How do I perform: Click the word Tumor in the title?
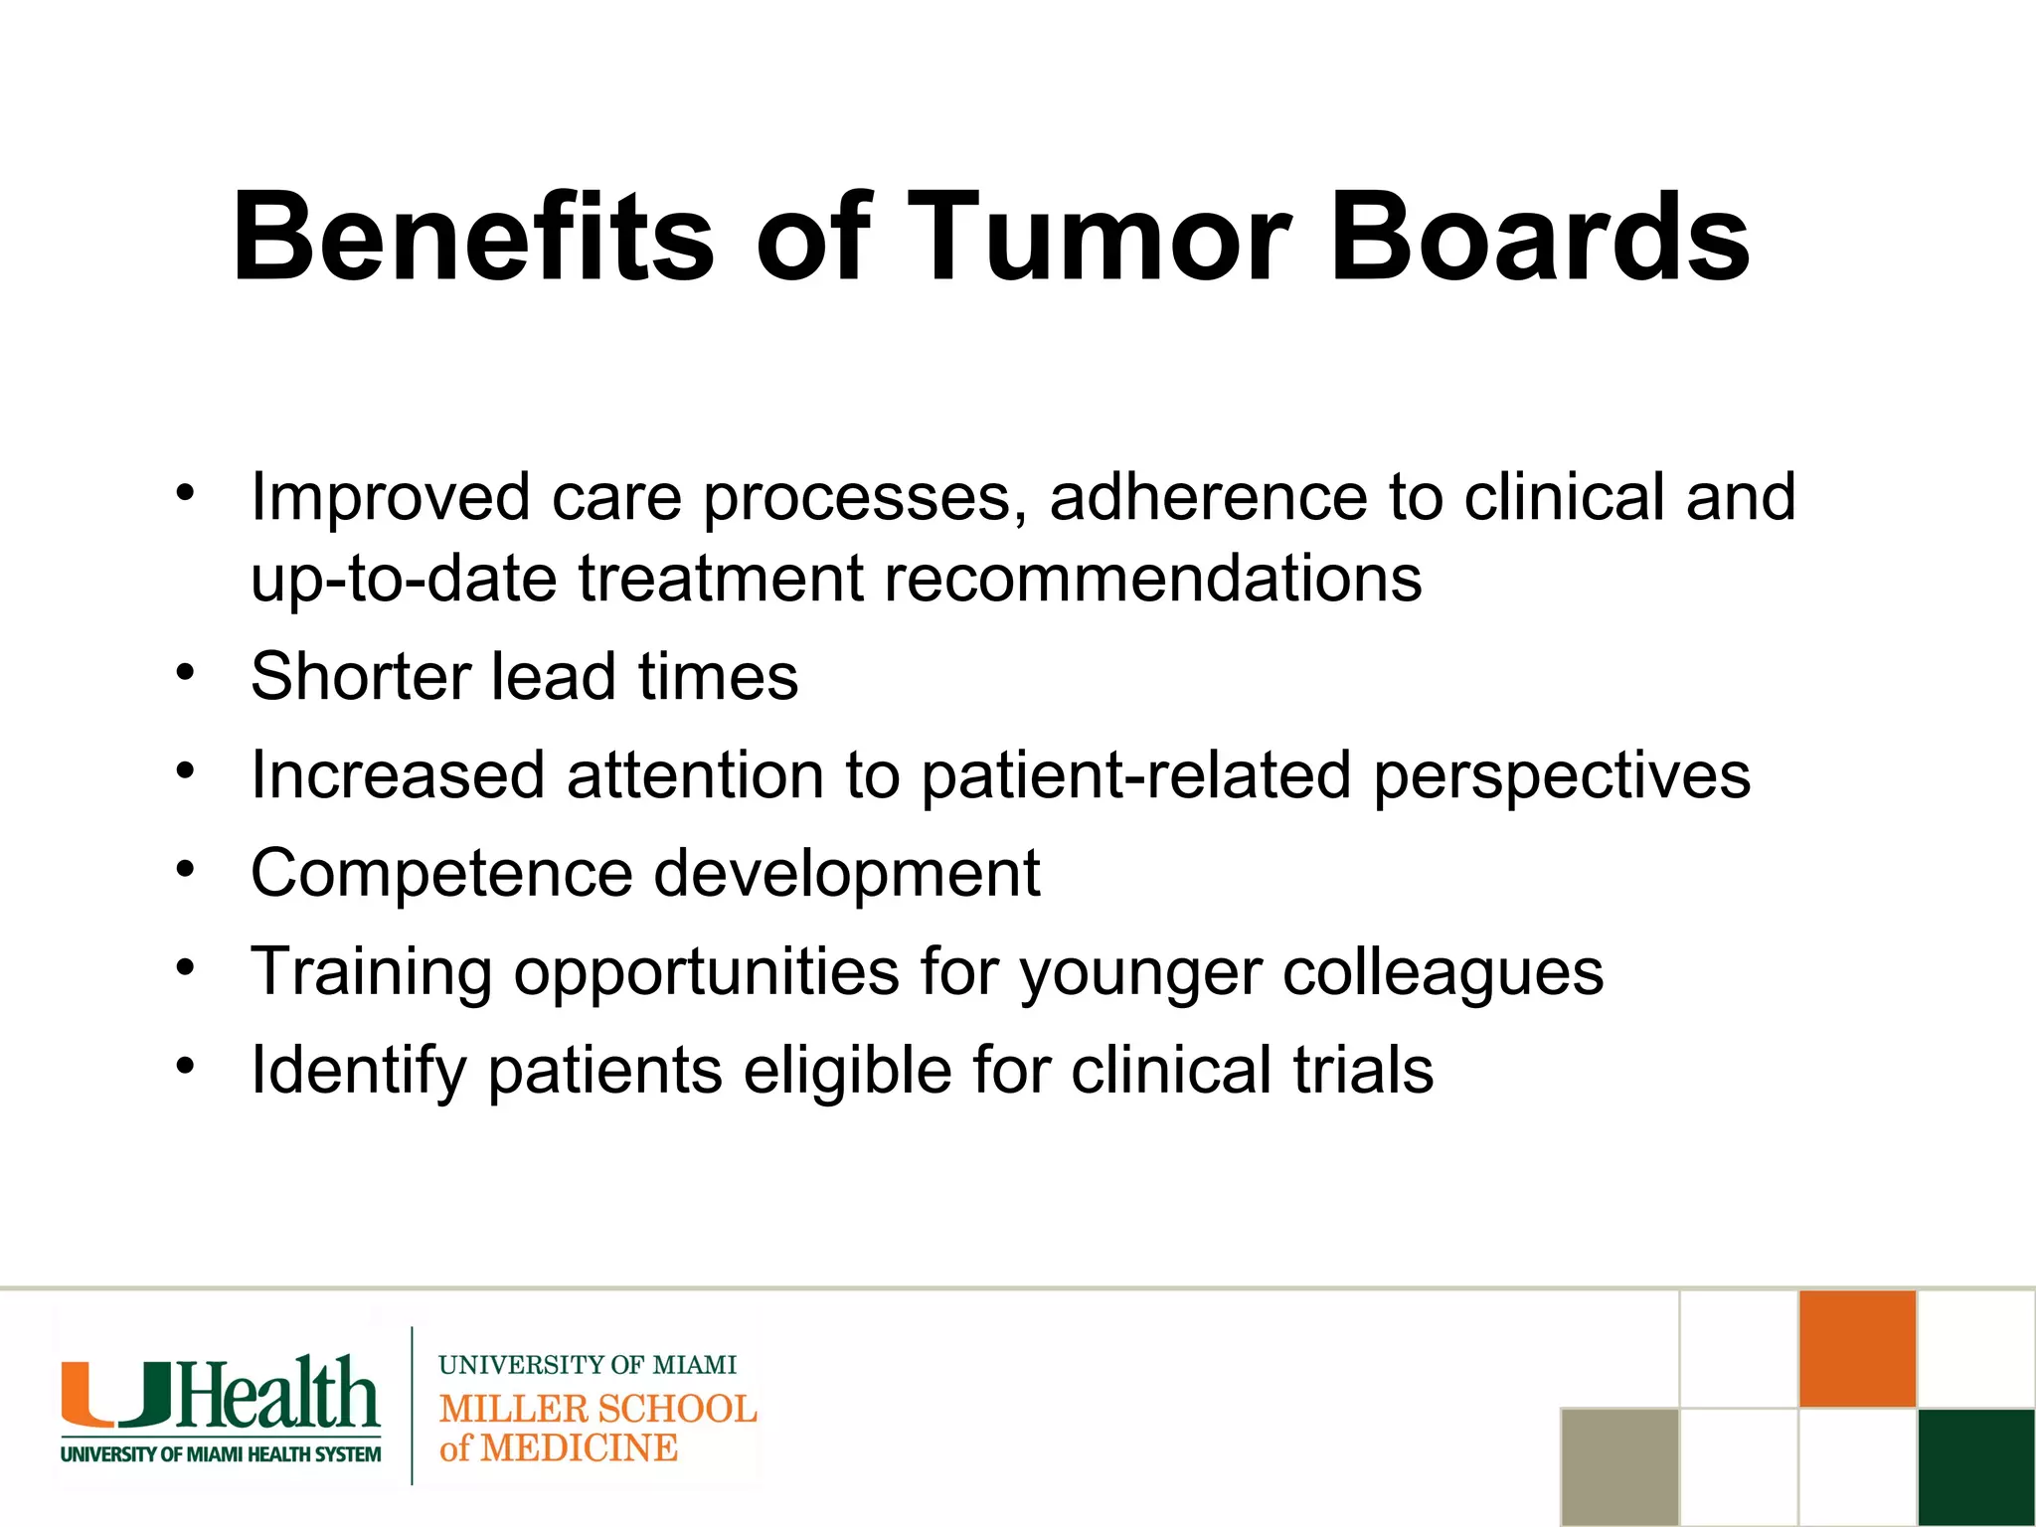tap(1099, 239)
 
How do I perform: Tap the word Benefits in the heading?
tap(472, 239)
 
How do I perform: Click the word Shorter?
tap(360, 677)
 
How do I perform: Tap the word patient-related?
tap(1135, 776)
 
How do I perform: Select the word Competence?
tap(441, 874)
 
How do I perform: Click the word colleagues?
tap(1442, 972)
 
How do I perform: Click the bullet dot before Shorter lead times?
tap(185, 673)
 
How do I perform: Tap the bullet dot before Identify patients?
tap(185, 1067)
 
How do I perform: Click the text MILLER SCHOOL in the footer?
tap(597, 1409)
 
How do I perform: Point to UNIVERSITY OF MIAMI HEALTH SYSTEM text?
tap(221, 1454)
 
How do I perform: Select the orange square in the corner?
tap(1857, 1348)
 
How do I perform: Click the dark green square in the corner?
tap(1975, 1466)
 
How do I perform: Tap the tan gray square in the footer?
tap(1619, 1466)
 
